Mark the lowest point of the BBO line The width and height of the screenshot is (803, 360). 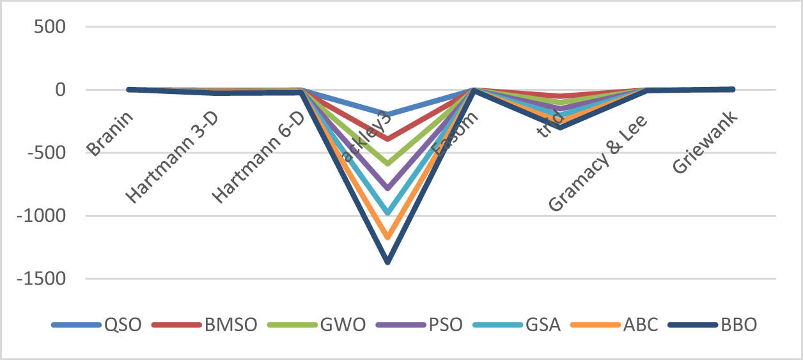pyautogui.click(x=387, y=261)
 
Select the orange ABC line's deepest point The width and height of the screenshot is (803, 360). pyautogui.click(x=387, y=237)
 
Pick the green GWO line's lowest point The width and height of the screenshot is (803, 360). pyautogui.click(x=387, y=164)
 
